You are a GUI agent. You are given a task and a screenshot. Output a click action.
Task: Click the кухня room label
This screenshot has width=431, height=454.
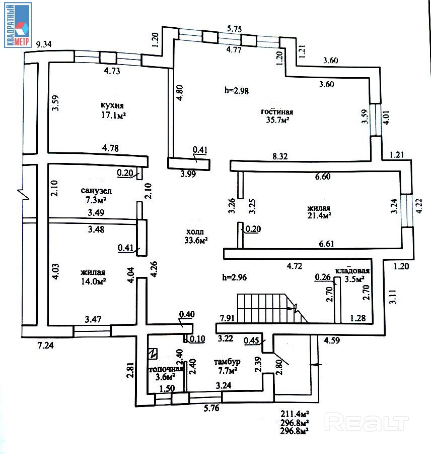tap(112, 105)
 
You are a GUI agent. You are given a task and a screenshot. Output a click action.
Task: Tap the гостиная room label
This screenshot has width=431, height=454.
tap(277, 112)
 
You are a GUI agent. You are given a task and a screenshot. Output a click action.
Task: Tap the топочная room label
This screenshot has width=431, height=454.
tap(161, 369)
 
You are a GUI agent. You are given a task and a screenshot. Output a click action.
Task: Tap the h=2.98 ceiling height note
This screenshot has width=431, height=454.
tap(237, 91)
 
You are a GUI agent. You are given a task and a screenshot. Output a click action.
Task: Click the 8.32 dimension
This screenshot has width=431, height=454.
tap(280, 157)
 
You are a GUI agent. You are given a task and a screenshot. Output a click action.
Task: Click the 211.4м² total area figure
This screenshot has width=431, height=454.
tap(295, 415)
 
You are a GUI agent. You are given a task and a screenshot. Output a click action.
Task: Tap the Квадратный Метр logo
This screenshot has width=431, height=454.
tap(18, 25)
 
